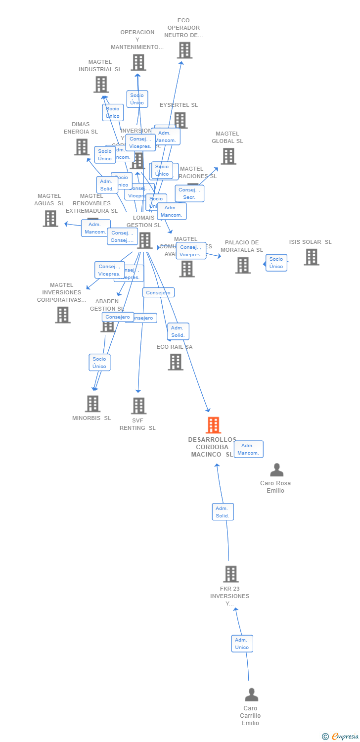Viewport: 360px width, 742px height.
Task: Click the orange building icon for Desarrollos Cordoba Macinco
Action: [213, 425]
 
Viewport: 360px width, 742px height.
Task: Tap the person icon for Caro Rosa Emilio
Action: [277, 470]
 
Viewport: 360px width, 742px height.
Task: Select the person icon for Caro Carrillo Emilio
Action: [251, 695]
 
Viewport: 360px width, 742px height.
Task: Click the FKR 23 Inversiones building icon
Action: [230, 574]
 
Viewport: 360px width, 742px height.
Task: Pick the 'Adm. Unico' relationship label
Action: [242, 644]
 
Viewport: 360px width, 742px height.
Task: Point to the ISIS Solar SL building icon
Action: [311, 257]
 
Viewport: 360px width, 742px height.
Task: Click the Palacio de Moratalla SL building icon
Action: [243, 265]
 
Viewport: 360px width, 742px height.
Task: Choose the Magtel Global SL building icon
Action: [228, 156]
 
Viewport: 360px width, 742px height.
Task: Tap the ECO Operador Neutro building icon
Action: [184, 50]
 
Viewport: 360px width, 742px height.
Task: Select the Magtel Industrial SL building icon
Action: [101, 84]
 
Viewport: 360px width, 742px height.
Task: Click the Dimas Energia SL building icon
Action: [82, 147]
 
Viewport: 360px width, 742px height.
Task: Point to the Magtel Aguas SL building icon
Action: [50, 218]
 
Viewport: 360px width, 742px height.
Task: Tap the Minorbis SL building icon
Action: [92, 404]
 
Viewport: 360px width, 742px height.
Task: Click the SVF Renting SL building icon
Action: [138, 406]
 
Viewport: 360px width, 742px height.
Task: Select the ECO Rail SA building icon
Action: [176, 362]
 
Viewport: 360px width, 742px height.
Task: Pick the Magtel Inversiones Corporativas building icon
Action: [62, 315]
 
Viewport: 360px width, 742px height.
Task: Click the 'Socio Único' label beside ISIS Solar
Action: [276, 263]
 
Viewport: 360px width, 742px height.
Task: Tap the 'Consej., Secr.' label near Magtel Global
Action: [189, 193]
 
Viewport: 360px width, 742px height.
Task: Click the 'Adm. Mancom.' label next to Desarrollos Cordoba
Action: [248, 449]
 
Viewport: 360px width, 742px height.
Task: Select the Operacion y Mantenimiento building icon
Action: [138, 62]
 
